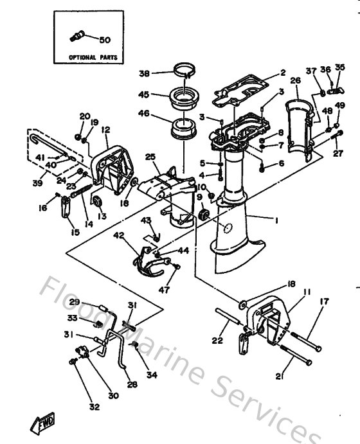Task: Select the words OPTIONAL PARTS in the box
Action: (x=93, y=57)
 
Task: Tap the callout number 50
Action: (x=105, y=40)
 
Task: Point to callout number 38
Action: (x=144, y=73)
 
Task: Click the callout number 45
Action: (x=144, y=95)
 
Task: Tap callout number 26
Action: (x=295, y=80)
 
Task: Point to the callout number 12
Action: (x=105, y=130)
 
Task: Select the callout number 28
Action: (x=132, y=384)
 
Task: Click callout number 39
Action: (x=38, y=183)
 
